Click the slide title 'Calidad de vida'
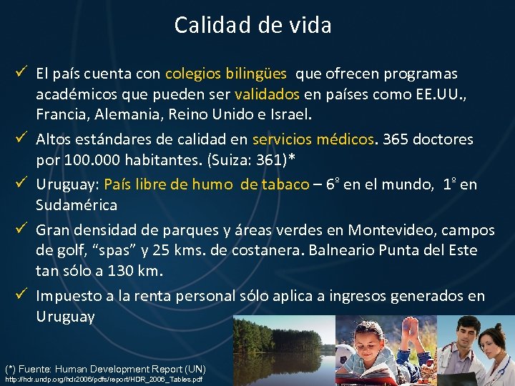pos(252,26)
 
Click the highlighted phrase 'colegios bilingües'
pos(226,74)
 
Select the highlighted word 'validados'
pos(267,94)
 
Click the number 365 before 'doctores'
pos(396,139)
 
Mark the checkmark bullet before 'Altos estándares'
pos(24,139)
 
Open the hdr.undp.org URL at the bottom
pos(104,379)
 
